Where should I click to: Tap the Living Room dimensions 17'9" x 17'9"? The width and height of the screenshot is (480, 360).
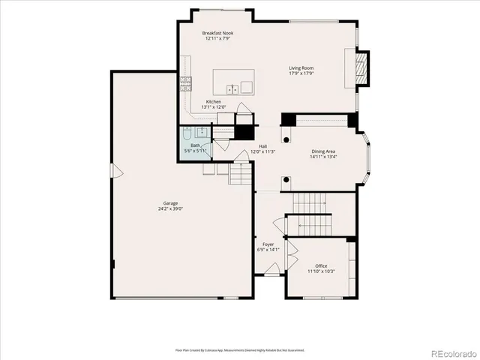(301, 73)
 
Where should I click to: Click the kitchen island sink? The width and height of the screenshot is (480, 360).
(233, 88)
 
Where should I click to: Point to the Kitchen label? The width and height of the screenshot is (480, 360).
(214, 101)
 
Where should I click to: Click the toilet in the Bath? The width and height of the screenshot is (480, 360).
(187, 136)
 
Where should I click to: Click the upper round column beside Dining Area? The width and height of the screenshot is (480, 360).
(286, 139)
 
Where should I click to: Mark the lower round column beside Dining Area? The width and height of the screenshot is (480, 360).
(286, 179)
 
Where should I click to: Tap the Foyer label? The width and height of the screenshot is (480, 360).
(268, 244)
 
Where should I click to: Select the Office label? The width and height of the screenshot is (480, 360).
(321, 266)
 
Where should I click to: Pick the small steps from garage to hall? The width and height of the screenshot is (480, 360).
(238, 177)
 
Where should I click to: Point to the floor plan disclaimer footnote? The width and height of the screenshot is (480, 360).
(240, 349)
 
